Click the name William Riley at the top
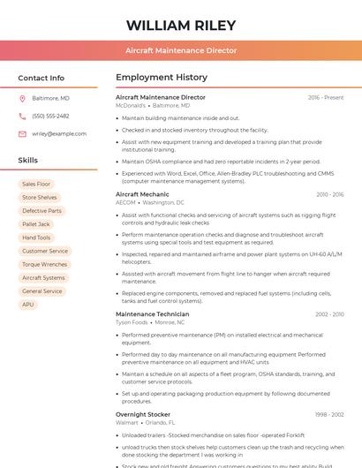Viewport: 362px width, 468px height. click(181, 25)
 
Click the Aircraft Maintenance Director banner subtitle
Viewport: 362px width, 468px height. click(181, 50)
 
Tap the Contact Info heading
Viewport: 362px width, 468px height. click(41, 78)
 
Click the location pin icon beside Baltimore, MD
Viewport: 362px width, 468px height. click(22, 98)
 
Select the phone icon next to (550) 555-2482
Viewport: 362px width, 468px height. click(22, 116)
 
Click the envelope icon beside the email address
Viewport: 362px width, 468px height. click(22, 133)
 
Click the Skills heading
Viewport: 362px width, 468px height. click(27, 161)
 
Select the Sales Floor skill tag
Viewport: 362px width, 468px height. click(36, 184)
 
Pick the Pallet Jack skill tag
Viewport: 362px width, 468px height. click(36, 224)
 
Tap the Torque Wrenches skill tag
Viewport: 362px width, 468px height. click(44, 264)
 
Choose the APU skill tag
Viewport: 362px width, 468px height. click(28, 305)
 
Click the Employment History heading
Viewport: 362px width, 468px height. click(162, 78)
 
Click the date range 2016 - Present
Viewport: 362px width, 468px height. click(326, 97)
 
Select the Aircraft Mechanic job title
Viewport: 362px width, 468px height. click(142, 193)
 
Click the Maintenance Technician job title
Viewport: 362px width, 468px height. click(152, 314)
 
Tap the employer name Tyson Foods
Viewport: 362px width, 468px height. click(132, 322)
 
